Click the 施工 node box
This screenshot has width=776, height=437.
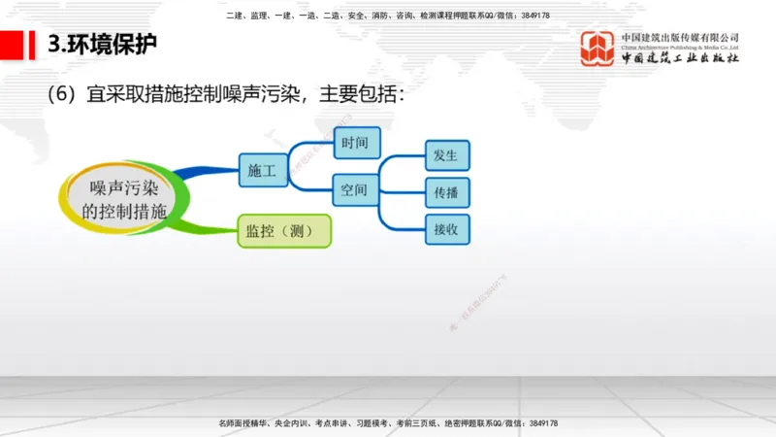click(262, 170)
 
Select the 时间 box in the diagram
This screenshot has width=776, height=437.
click(355, 144)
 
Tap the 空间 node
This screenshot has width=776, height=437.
click(355, 189)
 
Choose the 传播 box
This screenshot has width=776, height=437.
click(447, 191)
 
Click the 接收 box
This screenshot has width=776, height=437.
click(447, 228)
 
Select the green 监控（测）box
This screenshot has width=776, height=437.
click(283, 230)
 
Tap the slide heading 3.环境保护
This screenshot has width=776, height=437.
click(102, 45)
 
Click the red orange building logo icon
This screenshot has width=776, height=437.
click(598, 49)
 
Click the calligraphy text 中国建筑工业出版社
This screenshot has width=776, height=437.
click(681, 59)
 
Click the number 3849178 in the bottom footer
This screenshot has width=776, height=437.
click(537, 424)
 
